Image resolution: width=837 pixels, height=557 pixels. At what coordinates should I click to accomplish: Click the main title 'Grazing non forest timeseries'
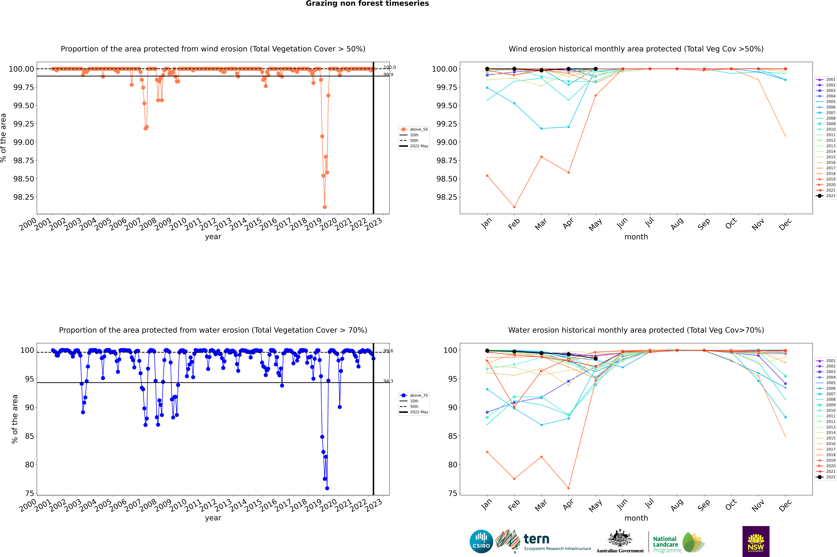(367, 4)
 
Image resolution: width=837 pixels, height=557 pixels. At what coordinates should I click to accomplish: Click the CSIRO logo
(481, 541)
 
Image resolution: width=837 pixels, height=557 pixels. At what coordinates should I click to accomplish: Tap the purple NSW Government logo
(756, 541)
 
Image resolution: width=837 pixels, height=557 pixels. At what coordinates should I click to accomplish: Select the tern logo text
(536, 539)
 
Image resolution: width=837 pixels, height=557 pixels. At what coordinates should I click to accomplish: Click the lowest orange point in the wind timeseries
(325, 207)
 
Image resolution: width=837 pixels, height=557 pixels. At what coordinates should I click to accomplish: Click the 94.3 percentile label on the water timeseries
(388, 381)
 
